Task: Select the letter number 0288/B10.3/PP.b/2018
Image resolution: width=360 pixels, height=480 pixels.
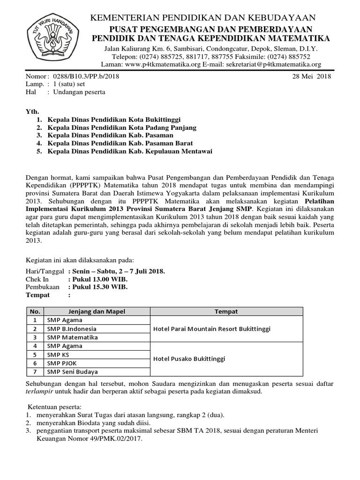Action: [80, 77]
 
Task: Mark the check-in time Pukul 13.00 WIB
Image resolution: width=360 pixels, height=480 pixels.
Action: [97, 279]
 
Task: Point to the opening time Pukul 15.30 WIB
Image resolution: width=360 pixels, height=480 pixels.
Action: [97, 287]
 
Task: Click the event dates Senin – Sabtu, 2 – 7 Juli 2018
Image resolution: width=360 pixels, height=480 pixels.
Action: [116, 271]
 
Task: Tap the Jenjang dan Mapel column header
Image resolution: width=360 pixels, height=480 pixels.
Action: [97, 312]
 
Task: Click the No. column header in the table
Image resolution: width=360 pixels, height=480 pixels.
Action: [34, 312]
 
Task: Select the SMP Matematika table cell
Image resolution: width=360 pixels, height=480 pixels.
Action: [72, 337]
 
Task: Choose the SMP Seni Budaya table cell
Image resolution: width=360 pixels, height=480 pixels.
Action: [72, 372]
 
